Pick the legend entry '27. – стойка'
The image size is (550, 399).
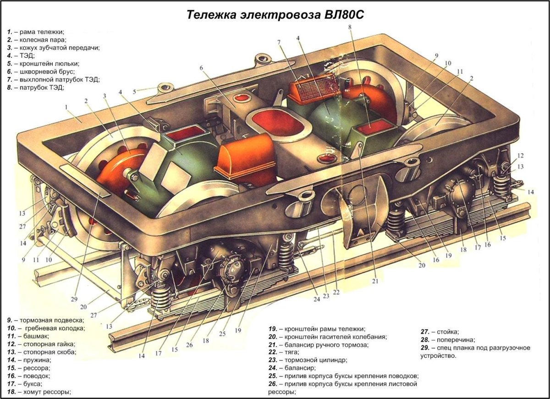(x=440, y=332)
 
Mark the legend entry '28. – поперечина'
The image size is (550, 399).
(x=448, y=340)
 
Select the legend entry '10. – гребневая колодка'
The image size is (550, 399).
(x=45, y=328)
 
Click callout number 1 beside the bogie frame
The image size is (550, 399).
(x=66, y=107)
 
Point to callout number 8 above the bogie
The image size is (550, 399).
(x=350, y=27)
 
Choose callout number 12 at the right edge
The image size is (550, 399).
(x=521, y=156)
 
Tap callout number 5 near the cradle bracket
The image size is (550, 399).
(x=134, y=91)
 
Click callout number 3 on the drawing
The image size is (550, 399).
(x=104, y=96)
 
